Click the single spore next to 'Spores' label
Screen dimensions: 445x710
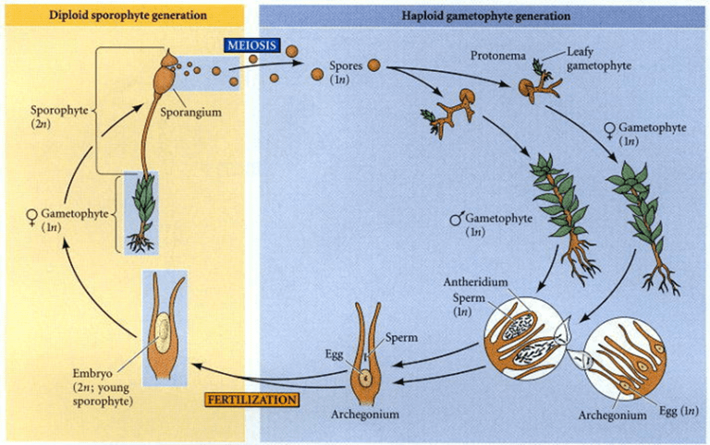point(373,66)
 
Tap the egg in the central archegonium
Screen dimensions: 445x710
point(366,376)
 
